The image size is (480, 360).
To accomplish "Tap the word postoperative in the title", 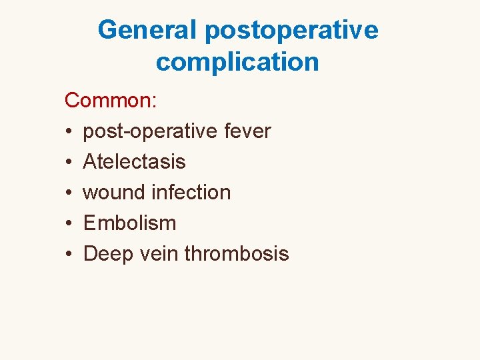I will [292, 31].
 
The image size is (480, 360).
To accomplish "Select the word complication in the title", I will [237, 62].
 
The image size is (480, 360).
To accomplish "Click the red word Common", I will [108, 101].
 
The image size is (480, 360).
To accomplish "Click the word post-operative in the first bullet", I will [150, 132].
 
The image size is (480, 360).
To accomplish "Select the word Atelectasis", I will [135, 162].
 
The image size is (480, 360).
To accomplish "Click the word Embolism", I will [130, 223].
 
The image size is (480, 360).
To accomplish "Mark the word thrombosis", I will [237, 254].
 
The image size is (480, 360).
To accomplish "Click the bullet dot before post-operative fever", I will [69, 132].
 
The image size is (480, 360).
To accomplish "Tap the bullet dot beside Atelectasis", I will [69, 163].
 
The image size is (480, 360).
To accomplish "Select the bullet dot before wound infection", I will [69, 193].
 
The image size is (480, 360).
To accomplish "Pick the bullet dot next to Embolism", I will [69, 224].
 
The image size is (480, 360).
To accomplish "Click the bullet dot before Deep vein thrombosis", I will [69, 255].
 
